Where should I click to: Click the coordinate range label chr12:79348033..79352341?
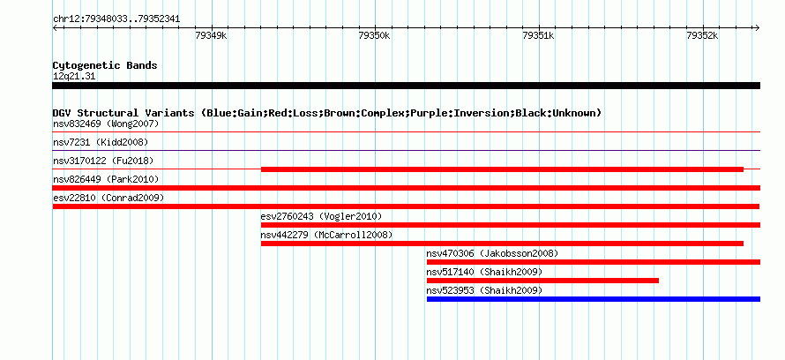point(116,19)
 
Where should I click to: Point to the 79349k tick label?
point(211,35)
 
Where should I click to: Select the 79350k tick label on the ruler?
point(375,35)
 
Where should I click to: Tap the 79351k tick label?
point(538,35)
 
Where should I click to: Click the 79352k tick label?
point(702,35)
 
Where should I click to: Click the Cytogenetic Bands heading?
point(105,65)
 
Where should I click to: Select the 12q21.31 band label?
point(74,77)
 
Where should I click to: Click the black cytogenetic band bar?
point(406,86)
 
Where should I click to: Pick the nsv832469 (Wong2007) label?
point(106,124)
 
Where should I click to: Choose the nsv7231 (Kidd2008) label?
point(101,142)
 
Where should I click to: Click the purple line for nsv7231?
point(406,150)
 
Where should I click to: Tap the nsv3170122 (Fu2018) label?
point(103,161)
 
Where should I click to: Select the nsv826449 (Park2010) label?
point(106,179)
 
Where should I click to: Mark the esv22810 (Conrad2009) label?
point(108,198)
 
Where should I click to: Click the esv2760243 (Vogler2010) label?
point(321,216)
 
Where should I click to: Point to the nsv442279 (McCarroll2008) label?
point(327,235)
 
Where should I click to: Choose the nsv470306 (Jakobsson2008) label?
point(493,253)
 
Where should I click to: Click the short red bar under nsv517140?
point(542,281)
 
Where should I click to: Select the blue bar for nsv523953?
point(594,299)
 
